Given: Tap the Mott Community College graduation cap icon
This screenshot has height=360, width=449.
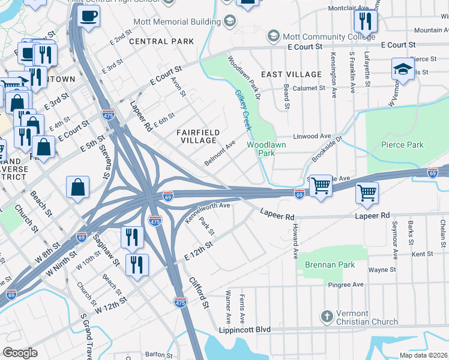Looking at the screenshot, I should [x=274, y=37].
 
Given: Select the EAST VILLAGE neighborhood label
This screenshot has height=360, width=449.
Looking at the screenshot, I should [x=292, y=74].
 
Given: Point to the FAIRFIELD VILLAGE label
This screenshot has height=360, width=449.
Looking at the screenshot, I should [x=197, y=136].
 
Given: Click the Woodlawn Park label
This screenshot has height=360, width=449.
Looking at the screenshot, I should [x=267, y=149].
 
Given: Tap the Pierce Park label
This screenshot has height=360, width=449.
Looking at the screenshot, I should [x=402, y=145].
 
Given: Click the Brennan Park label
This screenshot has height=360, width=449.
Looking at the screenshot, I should [x=329, y=265].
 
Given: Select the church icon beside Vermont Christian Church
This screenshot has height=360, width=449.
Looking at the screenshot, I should [x=327, y=316].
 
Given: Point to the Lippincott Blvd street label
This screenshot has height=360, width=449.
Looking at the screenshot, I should [x=245, y=330].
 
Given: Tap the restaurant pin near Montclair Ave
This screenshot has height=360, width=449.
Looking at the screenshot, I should [x=364, y=22].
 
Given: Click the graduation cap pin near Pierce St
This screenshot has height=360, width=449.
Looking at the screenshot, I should [x=403, y=70].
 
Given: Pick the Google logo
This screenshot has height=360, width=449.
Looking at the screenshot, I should [x=20, y=353].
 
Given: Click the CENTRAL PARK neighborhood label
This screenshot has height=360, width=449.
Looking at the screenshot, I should [x=161, y=41].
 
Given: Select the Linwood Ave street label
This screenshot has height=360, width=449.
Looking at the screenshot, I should [x=312, y=136].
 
